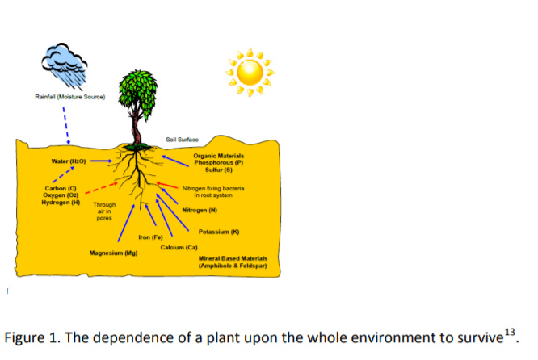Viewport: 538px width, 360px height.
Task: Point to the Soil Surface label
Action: point(182,140)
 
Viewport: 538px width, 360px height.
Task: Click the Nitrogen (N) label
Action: point(200,210)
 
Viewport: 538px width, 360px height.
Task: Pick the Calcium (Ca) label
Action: point(179,246)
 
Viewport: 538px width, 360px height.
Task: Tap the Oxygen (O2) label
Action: point(60,195)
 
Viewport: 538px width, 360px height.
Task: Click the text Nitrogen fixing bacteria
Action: point(213,188)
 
